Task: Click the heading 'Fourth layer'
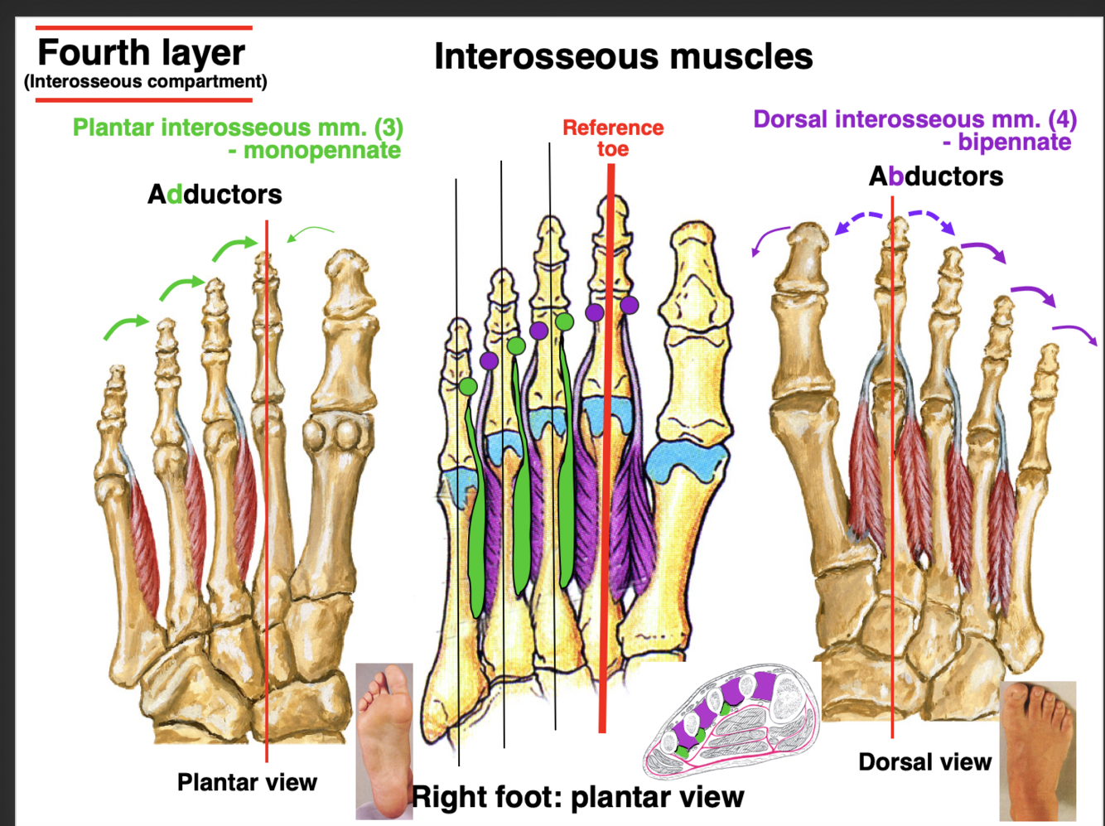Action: point(141,53)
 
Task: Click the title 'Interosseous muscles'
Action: point(623,56)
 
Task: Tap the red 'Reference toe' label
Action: point(613,138)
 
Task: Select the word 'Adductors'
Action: point(215,195)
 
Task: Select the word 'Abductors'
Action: point(935,176)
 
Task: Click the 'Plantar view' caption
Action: point(247,782)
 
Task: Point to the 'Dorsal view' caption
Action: point(924,762)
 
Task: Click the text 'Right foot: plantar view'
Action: point(578,797)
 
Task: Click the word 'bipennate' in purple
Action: point(1014,142)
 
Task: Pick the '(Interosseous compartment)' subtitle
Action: point(146,82)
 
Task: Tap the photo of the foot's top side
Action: point(1037,750)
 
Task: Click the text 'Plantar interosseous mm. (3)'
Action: point(238,128)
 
